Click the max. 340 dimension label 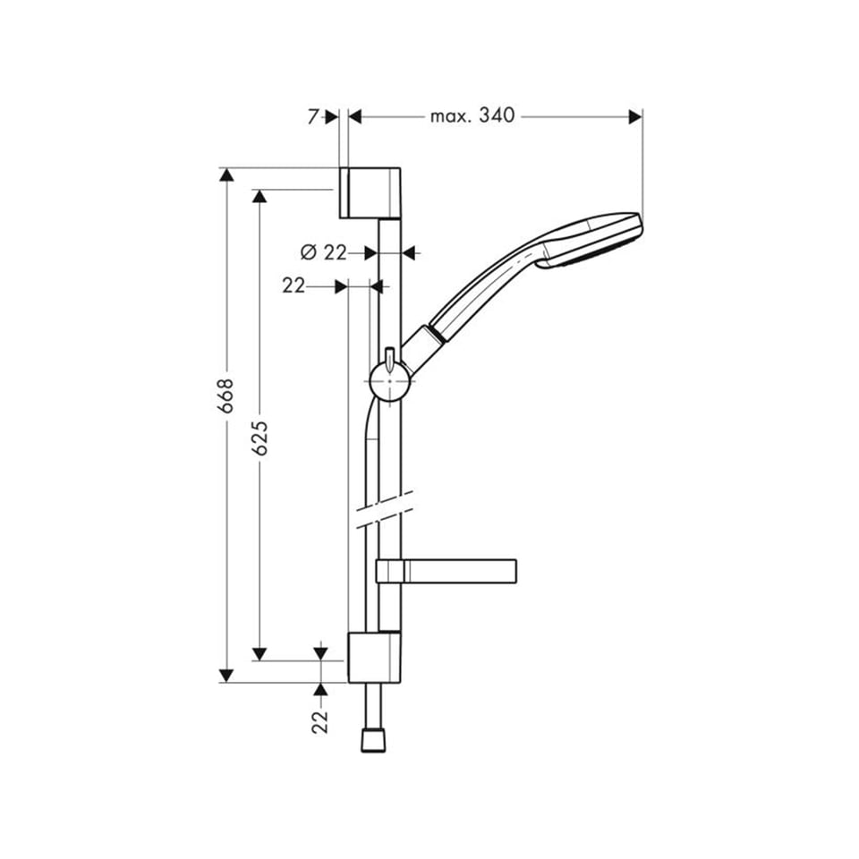[472, 116]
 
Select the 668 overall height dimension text [226, 395]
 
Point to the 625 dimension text [259, 438]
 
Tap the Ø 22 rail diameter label [324, 253]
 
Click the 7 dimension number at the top [314, 116]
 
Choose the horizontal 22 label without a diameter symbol [293, 285]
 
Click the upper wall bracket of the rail [370, 192]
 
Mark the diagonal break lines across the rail [384, 509]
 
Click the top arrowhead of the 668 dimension [226, 174]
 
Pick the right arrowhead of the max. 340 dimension [636, 116]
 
